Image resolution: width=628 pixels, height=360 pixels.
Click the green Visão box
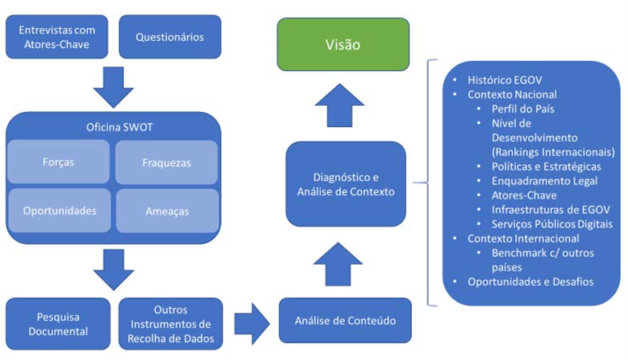[343, 45]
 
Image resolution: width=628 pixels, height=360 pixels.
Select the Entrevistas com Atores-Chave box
[57, 37]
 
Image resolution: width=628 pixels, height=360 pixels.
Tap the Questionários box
[170, 37]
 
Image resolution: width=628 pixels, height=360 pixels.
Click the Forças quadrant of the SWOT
[58, 162]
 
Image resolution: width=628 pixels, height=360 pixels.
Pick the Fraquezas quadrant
[166, 162]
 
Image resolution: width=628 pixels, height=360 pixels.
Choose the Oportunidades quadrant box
[60, 210]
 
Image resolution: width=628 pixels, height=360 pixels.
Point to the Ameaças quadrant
[167, 211]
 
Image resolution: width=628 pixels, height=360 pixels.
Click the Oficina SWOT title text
[119, 127]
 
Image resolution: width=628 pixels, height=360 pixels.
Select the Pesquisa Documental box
[58, 323]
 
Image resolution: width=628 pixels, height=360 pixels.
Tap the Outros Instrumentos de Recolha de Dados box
[170, 323]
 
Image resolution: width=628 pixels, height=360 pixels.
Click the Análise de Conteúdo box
[346, 320]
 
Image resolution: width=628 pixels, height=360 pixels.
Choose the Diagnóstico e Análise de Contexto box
[346, 184]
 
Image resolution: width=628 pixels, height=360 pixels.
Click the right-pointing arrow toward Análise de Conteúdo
[252, 323]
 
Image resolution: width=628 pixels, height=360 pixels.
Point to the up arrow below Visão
[340, 106]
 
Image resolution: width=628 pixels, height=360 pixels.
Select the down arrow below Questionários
[114, 87]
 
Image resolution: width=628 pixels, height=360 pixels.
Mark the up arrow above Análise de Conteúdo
[338, 264]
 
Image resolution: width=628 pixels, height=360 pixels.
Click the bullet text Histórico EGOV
[505, 80]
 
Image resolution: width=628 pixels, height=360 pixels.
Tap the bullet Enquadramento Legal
[545, 181]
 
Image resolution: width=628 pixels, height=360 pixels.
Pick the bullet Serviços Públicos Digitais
[552, 224]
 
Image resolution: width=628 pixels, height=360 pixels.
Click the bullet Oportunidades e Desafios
[530, 282]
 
